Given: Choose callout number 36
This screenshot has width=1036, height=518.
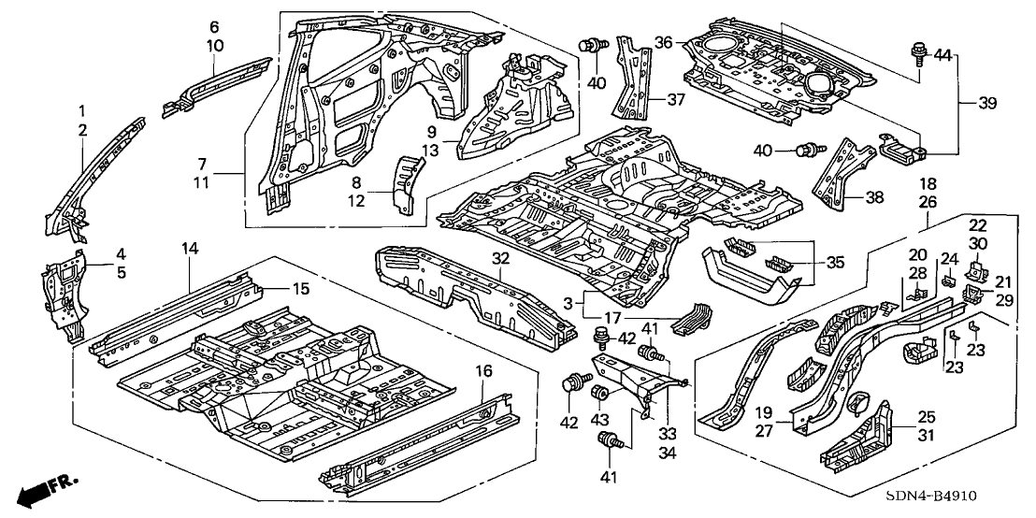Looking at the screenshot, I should tap(663, 42).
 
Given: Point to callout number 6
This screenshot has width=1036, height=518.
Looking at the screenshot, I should tap(213, 27).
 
